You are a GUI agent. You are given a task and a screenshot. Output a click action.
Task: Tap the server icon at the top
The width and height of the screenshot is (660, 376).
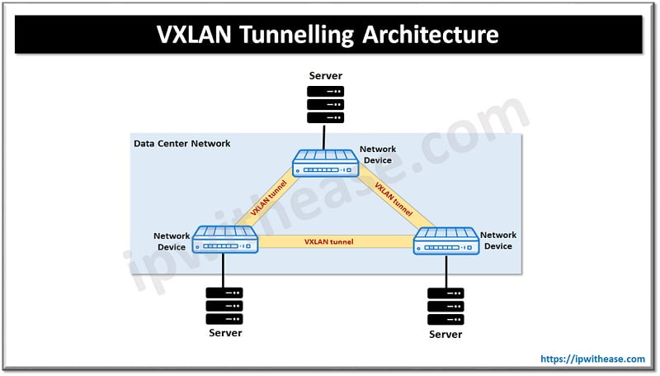(325, 105)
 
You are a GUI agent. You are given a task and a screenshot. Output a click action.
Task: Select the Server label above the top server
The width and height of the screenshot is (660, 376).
(325, 75)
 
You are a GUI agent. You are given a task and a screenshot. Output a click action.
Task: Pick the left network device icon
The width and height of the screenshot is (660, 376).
(224, 240)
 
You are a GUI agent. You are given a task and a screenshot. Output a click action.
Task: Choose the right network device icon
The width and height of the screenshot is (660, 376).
(446, 240)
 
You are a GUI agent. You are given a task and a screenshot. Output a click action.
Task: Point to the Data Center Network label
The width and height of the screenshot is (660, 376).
(181, 144)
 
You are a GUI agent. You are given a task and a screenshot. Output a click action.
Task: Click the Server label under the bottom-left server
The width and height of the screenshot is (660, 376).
(224, 333)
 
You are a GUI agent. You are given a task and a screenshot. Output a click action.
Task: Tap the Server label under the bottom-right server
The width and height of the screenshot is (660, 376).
(445, 334)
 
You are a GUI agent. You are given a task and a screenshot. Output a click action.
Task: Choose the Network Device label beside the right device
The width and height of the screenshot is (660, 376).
(497, 240)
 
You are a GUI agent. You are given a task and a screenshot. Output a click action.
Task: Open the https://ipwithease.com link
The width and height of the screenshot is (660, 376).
(592, 359)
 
